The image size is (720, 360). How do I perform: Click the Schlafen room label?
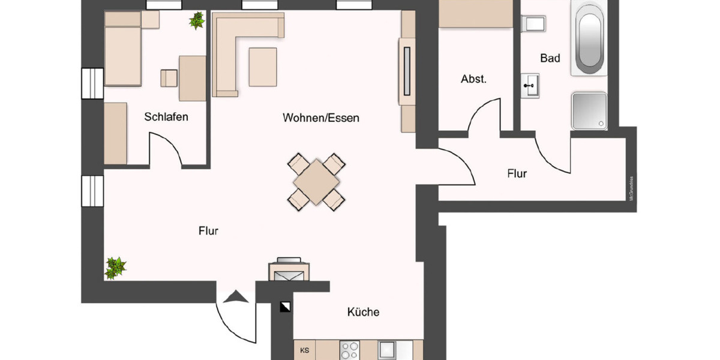coord(166,117)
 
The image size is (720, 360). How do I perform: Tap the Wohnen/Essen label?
coord(321,118)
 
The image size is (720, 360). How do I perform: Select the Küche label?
coord(363,312)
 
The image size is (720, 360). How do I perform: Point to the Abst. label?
coord(473,79)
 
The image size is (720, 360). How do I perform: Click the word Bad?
coord(550,58)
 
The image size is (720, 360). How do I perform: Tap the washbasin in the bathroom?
coord(530,85)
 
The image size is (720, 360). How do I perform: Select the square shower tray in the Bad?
coord(590,110)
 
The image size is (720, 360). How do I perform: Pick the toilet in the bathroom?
coord(532,24)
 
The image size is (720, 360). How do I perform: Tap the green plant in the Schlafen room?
coord(196,21)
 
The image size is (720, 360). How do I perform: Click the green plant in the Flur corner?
coord(115,268)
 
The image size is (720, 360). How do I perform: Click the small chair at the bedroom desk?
coord(169,78)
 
